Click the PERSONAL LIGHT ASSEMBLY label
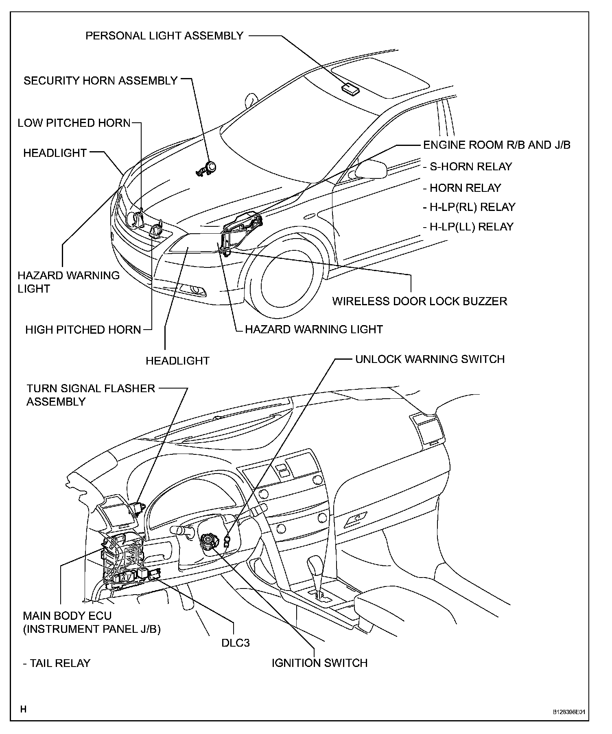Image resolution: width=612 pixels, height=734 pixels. [x=164, y=36]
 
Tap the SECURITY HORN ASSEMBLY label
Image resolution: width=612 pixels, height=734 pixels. [x=101, y=80]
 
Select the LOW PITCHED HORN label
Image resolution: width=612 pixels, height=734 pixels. [x=74, y=123]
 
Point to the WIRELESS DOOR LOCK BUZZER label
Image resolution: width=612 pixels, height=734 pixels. [x=420, y=301]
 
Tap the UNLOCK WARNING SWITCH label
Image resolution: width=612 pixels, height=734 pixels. [x=430, y=359]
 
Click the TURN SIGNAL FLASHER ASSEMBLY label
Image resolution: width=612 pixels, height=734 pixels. [x=91, y=395]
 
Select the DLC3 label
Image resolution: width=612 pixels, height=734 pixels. [x=235, y=643]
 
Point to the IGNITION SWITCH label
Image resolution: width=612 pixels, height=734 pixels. [x=319, y=663]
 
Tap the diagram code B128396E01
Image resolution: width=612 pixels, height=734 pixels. [x=568, y=712]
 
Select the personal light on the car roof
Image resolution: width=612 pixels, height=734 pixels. [x=350, y=89]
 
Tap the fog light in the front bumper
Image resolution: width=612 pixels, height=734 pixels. [x=197, y=290]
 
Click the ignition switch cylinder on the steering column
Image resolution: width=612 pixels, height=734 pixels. [x=208, y=542]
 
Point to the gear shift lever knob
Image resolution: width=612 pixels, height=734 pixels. [x=315, y=566]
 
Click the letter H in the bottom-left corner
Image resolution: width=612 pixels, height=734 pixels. [x=24, y=709]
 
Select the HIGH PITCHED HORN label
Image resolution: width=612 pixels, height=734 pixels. [x=83, y=330]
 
